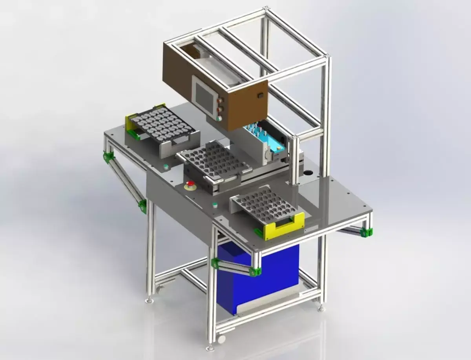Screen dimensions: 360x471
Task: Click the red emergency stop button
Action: click(191, 185)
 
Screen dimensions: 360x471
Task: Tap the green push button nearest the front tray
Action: click(215, 205)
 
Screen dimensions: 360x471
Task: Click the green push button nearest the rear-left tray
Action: click(166, 166)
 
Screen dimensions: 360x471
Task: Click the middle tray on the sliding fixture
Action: click(214, 159)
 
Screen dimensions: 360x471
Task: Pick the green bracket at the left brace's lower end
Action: click(143, 206)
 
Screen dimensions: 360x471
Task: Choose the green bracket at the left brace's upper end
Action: click(108, 157)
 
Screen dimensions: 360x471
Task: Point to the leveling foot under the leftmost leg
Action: click(150, 301)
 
